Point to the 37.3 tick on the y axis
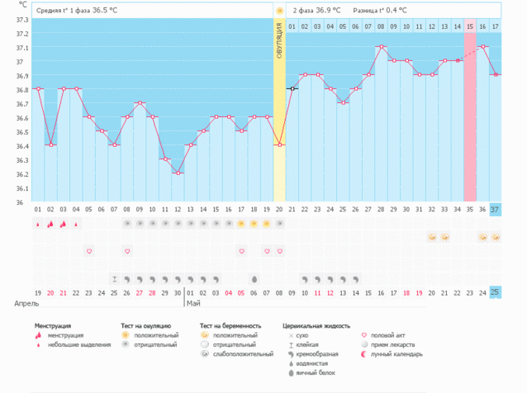(x=21, y=19)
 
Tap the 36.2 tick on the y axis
(x=21, y=174)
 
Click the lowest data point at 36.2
(x=178, y=173)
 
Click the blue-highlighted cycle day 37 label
(x=495, y=209)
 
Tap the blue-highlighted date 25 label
(x=495, y=292)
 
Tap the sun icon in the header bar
(x=279, y=11)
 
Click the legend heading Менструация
(x=53, y=325)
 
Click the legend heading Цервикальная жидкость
(x=316, y=325)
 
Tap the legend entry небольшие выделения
(x=79, y=344)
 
